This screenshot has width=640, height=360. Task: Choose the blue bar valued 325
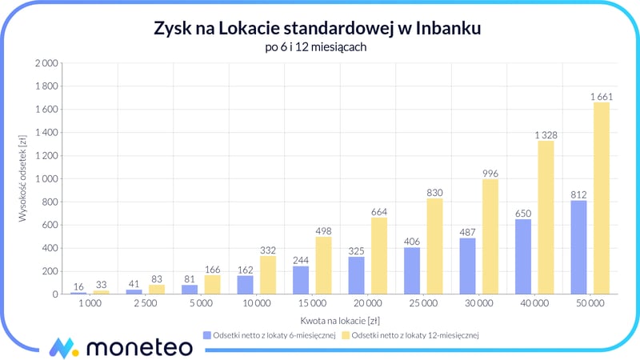[357, 275]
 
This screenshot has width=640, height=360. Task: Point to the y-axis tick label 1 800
[46, 86]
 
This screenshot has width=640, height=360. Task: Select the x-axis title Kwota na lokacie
[329, 319]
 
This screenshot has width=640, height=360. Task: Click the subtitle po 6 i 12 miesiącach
[320, 47]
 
